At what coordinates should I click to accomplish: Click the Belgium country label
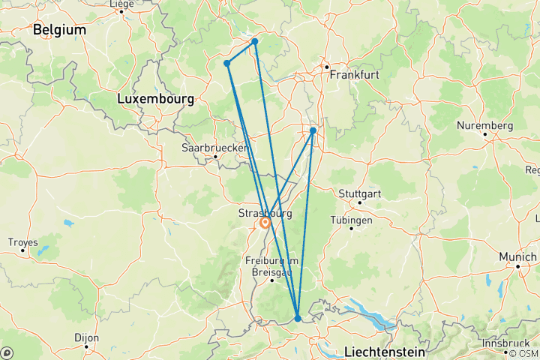pyautogui.click(x=59, y=30)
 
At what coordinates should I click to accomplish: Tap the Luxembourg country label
pyautogui.click(x=156, y=98)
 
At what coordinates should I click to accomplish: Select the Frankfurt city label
pyautogui.click(x=353, y=75)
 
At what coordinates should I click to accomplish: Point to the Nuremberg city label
pyautogui.click(x=486, y=125)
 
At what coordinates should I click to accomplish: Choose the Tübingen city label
pyautogui.click(x=351, y=220)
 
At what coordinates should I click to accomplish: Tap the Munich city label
pyautogui.click(x=518, y=256)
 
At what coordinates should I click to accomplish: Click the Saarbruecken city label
pyautogui.click(x=214, y=148)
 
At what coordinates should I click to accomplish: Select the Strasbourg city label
pyautogui.click(x=264, y=213)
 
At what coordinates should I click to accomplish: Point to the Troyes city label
pyautogui.click(x=22, y=241)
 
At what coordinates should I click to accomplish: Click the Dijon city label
pyautogui.click(x=87, y=337)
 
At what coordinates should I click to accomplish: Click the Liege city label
pyautogui.click(x=121, y=4)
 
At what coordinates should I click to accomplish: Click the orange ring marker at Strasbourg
pyautogui.click(x=265, y=223)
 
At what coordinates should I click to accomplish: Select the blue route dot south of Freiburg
pyautogui.click(x=298, y=318)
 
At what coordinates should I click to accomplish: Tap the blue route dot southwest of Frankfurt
pyautogui.click(x=313, y=130)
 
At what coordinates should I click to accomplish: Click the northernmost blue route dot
pyautogui.click(x=255, y=41)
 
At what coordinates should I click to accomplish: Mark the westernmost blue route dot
pyautogui.click(x=226, y=63)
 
